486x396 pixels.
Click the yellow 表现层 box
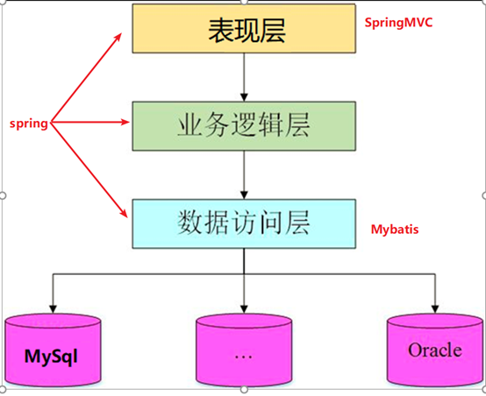(x=242, y=30)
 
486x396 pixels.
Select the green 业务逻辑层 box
(x=242, y=124)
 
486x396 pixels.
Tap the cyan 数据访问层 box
(x=242, y=222)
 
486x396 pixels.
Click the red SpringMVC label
(x=399, y=20)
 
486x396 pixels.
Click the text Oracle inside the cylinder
(x=433, y=350)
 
